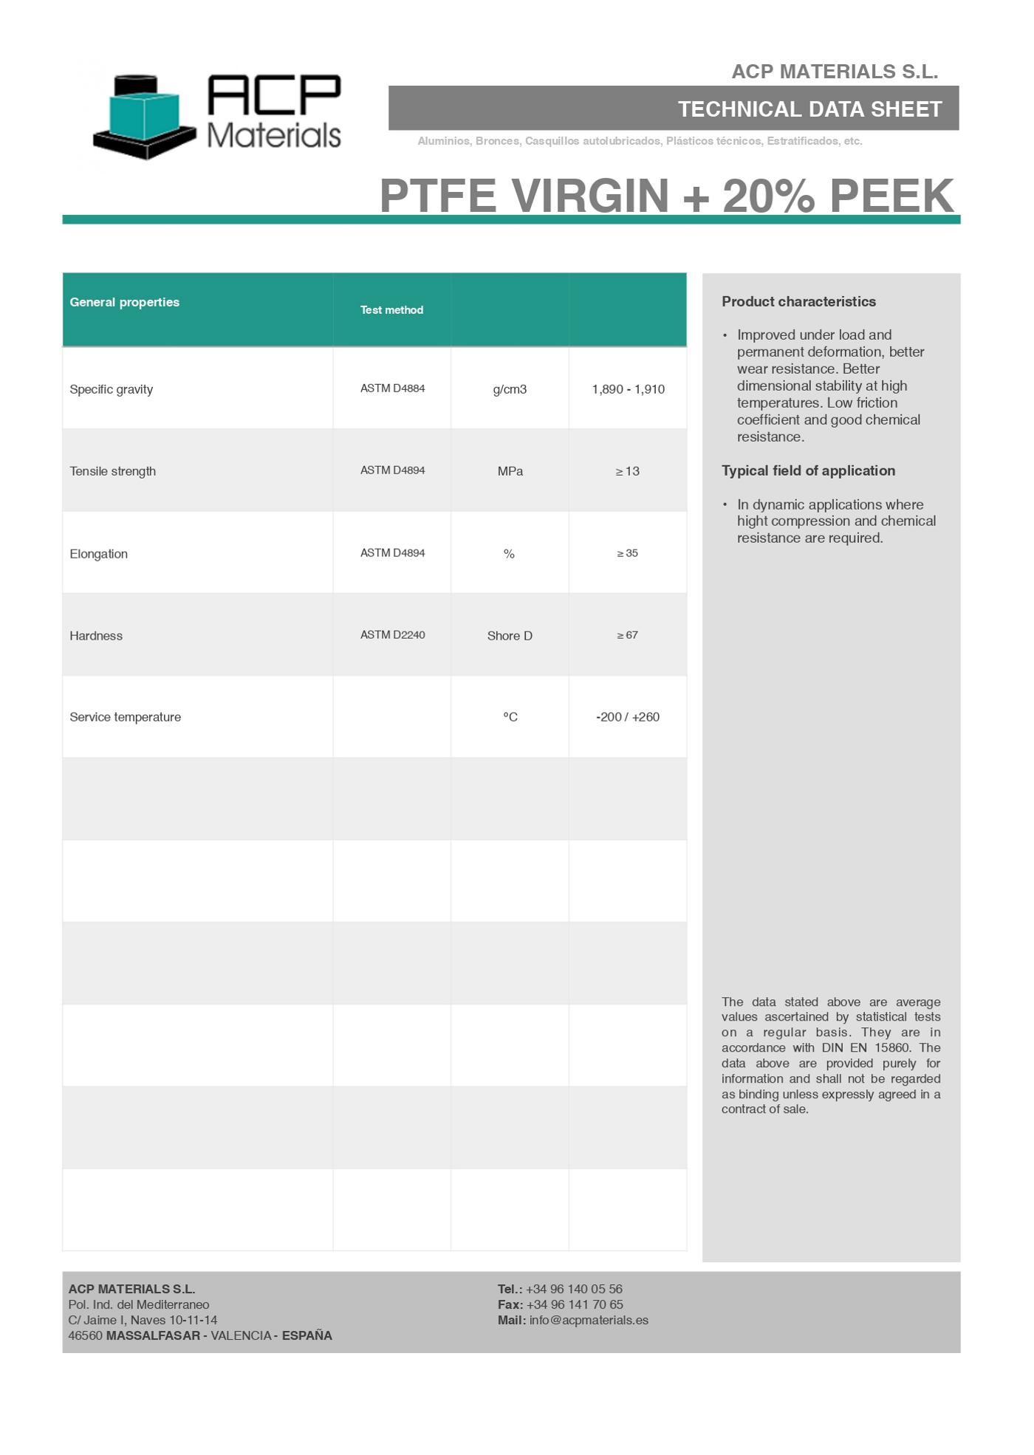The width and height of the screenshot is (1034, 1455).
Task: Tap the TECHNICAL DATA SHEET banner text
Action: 809,109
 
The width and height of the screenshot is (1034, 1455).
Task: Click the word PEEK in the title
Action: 891,196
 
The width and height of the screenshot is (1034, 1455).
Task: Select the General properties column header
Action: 124,302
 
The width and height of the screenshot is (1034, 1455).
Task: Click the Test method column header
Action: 391,310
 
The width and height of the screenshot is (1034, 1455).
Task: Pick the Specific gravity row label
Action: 111,389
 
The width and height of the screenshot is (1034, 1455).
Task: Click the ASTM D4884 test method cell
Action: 392,388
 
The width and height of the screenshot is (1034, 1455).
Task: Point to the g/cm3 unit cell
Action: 510,389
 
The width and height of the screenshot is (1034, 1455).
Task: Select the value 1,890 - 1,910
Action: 628,389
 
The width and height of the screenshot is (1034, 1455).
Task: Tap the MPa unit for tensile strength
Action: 510,471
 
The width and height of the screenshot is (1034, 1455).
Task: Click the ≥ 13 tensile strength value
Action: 628,471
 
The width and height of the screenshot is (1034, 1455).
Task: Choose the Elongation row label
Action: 98,554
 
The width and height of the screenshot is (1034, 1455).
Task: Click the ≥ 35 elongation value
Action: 628,553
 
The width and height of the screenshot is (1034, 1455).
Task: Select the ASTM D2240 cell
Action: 392,635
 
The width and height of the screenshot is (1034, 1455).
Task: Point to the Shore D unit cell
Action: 510,636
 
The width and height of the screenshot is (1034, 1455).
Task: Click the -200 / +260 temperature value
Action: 628,717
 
